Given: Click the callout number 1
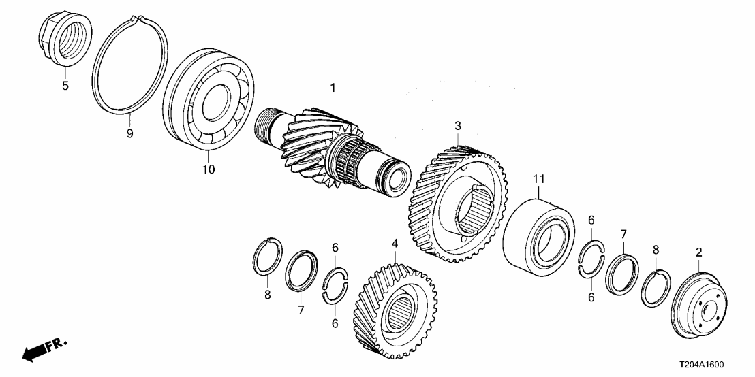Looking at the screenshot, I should pos(333,88).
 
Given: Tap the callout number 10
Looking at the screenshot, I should pos(208,169).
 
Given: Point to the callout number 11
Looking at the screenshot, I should pos(539,179).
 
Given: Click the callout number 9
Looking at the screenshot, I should pos(129,133).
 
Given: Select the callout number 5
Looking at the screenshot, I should pos(65,86).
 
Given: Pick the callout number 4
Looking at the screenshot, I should pos(395,243).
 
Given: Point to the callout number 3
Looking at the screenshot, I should pos(458,126).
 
